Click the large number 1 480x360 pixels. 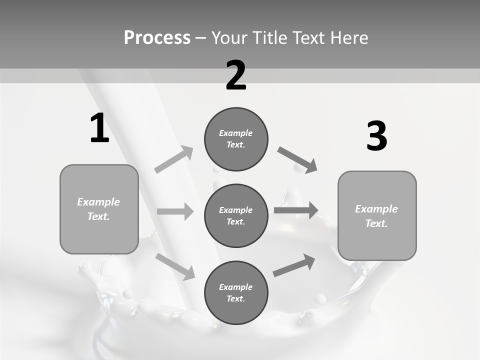coord(99,128)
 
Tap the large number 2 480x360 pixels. coord(236,75)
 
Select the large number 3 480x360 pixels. coord(376,136)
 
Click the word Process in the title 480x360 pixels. coord(157,37)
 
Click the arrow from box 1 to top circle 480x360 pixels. coord(174,159)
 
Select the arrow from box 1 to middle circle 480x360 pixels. coord(175,211)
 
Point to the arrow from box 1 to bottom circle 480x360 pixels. coord(175,266)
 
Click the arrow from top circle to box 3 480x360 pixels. coord(297,160)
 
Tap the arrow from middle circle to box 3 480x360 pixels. coord(296,210)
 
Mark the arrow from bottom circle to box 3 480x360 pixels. coord(294,265)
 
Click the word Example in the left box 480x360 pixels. coord(98,202)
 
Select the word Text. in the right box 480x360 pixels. coord(376,223)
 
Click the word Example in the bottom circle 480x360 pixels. coord(236,287)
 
